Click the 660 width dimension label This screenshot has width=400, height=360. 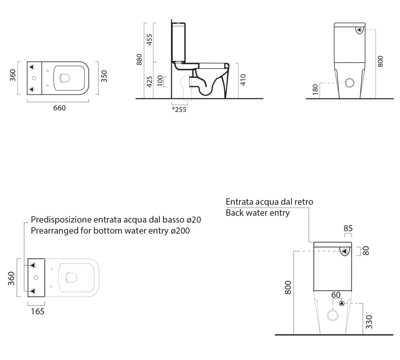tap(59, 108)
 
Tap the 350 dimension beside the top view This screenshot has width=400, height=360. tap(104, 76)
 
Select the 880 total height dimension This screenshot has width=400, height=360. tap(139, 59)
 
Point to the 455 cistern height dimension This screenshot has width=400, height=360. tap(150, 40)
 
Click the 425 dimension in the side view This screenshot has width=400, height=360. tap(150, 81)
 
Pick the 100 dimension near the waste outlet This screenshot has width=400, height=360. tap(160, 81)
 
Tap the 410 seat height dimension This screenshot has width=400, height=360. tap(243, 80)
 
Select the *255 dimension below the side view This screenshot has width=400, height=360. tap(179, 110)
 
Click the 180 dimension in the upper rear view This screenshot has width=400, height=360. tap(315, 89)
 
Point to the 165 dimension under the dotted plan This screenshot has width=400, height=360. tap(38, 312)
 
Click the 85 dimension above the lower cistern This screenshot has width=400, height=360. tap(348, 228)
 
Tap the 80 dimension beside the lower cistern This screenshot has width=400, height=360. tap(366, 251)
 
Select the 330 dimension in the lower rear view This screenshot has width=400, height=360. tap(369, 322)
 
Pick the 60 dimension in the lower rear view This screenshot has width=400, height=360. tap(336, 295)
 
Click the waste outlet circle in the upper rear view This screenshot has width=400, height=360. tap(350, 83)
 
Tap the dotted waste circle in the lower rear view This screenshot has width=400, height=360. tap(333, 316)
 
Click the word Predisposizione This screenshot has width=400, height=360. tap(61, 220)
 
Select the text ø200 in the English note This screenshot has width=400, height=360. tap(180, 231)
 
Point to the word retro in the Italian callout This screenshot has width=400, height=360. tap(304, 202)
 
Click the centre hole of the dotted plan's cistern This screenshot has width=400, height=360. tap(36, 278)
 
